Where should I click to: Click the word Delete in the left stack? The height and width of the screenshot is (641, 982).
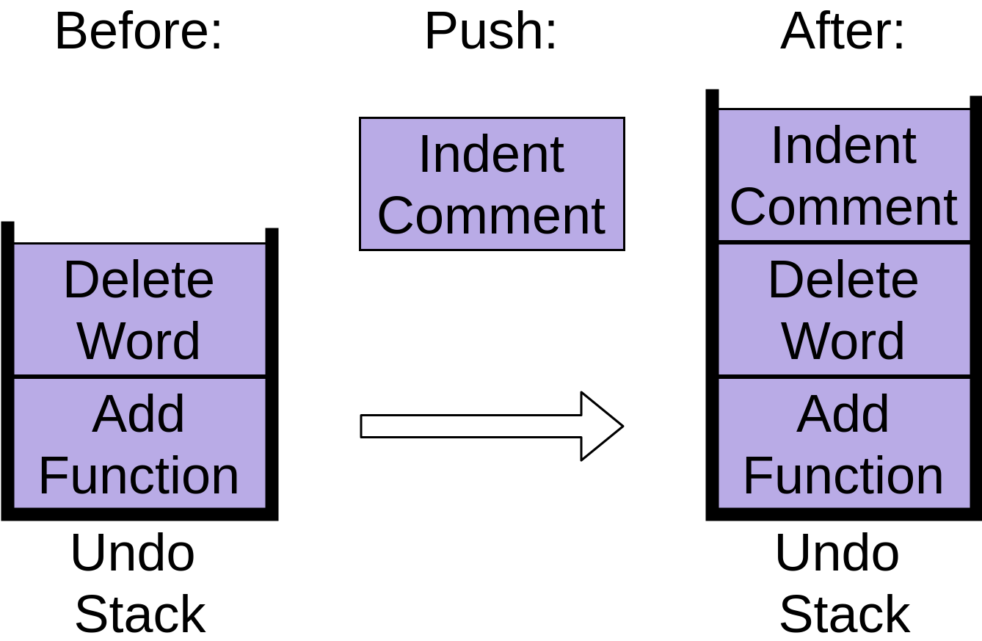139,280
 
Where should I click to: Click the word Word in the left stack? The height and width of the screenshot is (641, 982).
139,341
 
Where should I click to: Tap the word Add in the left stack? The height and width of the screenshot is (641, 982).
139,414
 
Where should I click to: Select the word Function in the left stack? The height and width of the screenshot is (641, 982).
139,476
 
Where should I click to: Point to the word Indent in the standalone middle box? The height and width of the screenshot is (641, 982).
491,155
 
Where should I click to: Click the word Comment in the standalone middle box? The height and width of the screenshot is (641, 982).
491,216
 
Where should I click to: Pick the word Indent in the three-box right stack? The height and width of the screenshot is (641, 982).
843,145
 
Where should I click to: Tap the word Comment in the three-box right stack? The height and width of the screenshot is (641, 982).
843,206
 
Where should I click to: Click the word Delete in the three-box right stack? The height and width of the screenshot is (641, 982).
843,280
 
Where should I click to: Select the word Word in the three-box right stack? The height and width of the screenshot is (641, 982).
843,341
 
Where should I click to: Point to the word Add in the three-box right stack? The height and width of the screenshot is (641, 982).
843,414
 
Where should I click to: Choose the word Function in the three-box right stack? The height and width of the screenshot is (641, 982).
843,476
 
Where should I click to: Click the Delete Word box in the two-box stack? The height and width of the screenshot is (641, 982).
139,310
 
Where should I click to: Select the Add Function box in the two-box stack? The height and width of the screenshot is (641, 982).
139,443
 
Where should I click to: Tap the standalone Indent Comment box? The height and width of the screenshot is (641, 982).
492,184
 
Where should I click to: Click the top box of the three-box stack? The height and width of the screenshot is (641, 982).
844,175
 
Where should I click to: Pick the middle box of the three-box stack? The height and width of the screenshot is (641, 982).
844,310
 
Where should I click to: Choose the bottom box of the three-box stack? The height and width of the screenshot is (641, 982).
844,443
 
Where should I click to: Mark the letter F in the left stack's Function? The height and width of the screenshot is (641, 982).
51,476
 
